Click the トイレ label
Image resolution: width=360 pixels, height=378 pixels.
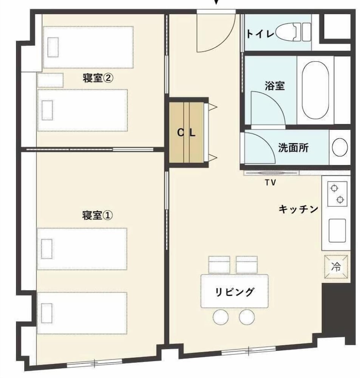click(260, 34)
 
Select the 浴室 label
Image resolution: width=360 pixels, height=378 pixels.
click(275, 85)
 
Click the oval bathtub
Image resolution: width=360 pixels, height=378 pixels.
click(315, 90)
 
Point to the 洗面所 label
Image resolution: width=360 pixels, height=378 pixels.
click(293, 148)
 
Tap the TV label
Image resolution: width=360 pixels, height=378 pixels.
click(270, 183)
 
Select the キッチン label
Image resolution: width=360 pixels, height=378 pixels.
click(298, 209)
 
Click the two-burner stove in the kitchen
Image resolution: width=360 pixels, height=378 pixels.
click(337, 194)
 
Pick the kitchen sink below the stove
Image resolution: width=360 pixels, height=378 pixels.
click(337, 231)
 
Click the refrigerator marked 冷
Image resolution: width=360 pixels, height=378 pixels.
click(336, 267)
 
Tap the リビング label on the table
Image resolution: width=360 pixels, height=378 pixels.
click(234, 292)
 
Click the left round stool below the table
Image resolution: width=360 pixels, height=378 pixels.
click(221, 317)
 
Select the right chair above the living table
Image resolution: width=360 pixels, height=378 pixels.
click(247, 265)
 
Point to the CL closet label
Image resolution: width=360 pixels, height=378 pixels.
click(186, 132)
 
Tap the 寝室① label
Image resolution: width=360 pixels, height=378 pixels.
click(97, 215)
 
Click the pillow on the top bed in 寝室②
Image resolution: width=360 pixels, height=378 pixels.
click(53, 47)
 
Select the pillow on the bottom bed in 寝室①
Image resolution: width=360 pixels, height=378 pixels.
click(46, 313)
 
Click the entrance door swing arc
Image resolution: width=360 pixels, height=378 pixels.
click(225, 42)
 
